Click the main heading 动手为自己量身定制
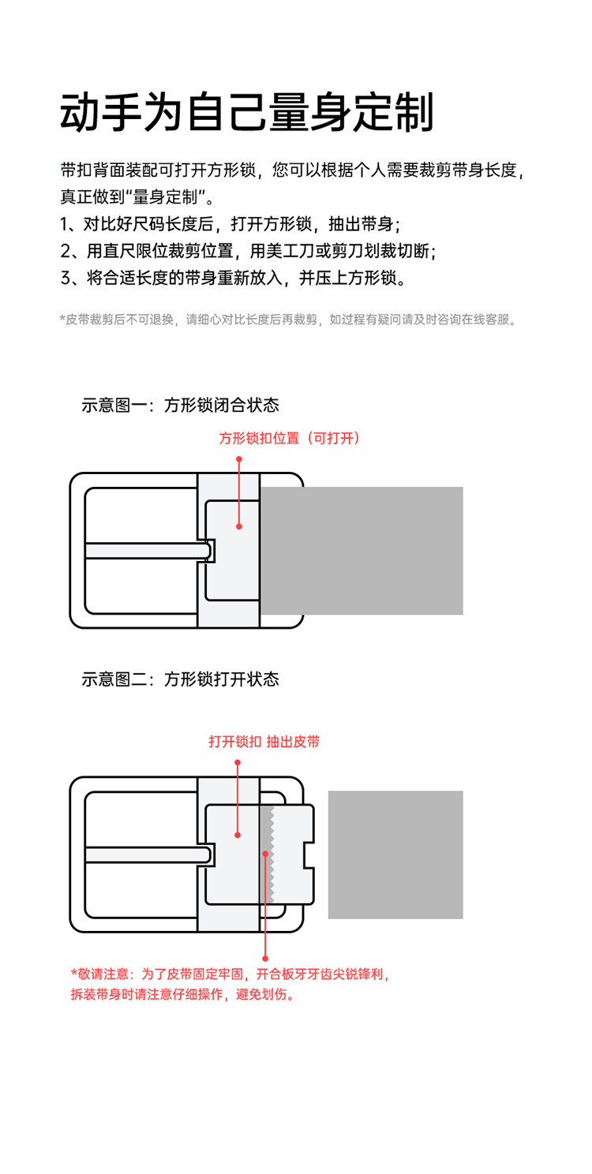click(x=247, y=112)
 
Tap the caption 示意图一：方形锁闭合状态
click(x=180, y=406)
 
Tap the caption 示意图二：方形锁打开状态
click(x=180, y=679)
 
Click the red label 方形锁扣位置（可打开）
click(x=289, y=439)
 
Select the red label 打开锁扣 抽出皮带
click(x=264, y=742)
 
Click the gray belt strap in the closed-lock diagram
click(x=362, y=551)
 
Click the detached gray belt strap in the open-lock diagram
click(x=395, y=854)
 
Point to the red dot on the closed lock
click(x=238, y=525)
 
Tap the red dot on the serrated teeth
click(x=265, y=853)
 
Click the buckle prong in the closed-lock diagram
click(x=146, y=551)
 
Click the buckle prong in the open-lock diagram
click(x=146, y=854)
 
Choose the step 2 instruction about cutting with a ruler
click(x=248, y=251)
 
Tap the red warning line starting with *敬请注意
click(x=230, y=974)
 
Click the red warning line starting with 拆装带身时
click(x=183, y=994)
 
